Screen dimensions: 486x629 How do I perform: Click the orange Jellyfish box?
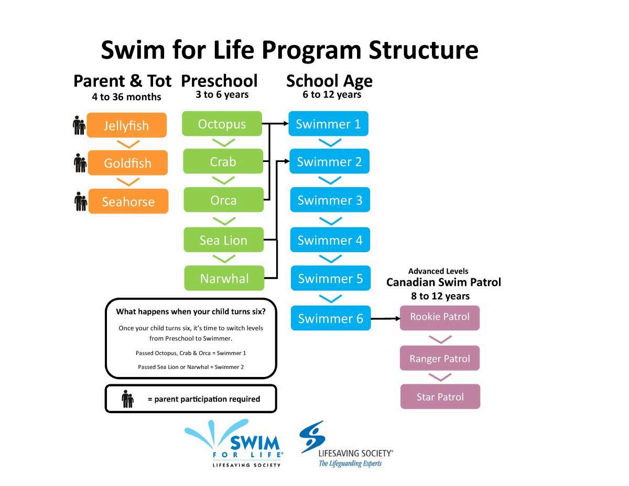tap(126, 125)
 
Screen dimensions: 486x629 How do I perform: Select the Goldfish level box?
tap(127, 163)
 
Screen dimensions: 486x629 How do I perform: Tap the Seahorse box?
tap(128, 202)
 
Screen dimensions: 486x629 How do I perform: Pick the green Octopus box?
tap(222, 124)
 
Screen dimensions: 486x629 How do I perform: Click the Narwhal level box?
tap(224, 278)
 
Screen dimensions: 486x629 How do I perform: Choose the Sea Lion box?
tap(223, 240)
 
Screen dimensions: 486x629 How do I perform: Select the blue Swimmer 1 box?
tap(328, 124)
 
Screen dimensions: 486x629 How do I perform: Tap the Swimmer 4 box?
tap(330, 240)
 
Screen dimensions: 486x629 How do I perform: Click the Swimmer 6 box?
tap(331, 318)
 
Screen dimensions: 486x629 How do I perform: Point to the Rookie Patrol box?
tap(439, 317)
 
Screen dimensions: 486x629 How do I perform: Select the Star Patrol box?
tap(440, 397)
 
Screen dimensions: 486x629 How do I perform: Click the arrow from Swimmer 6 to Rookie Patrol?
tap(385, 318)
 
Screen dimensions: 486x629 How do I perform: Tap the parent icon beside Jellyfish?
tap(79, 126)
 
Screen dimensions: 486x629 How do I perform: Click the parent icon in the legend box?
tap(127, 399)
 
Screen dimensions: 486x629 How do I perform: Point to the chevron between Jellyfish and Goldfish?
tap(128, 144)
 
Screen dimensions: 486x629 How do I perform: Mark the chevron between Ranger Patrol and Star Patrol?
tap(440, 377)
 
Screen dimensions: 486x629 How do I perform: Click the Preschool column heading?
tap(219, 81)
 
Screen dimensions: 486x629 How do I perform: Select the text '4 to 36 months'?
tap(126, 97)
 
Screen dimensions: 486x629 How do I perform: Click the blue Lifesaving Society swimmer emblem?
tap(312, 436)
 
